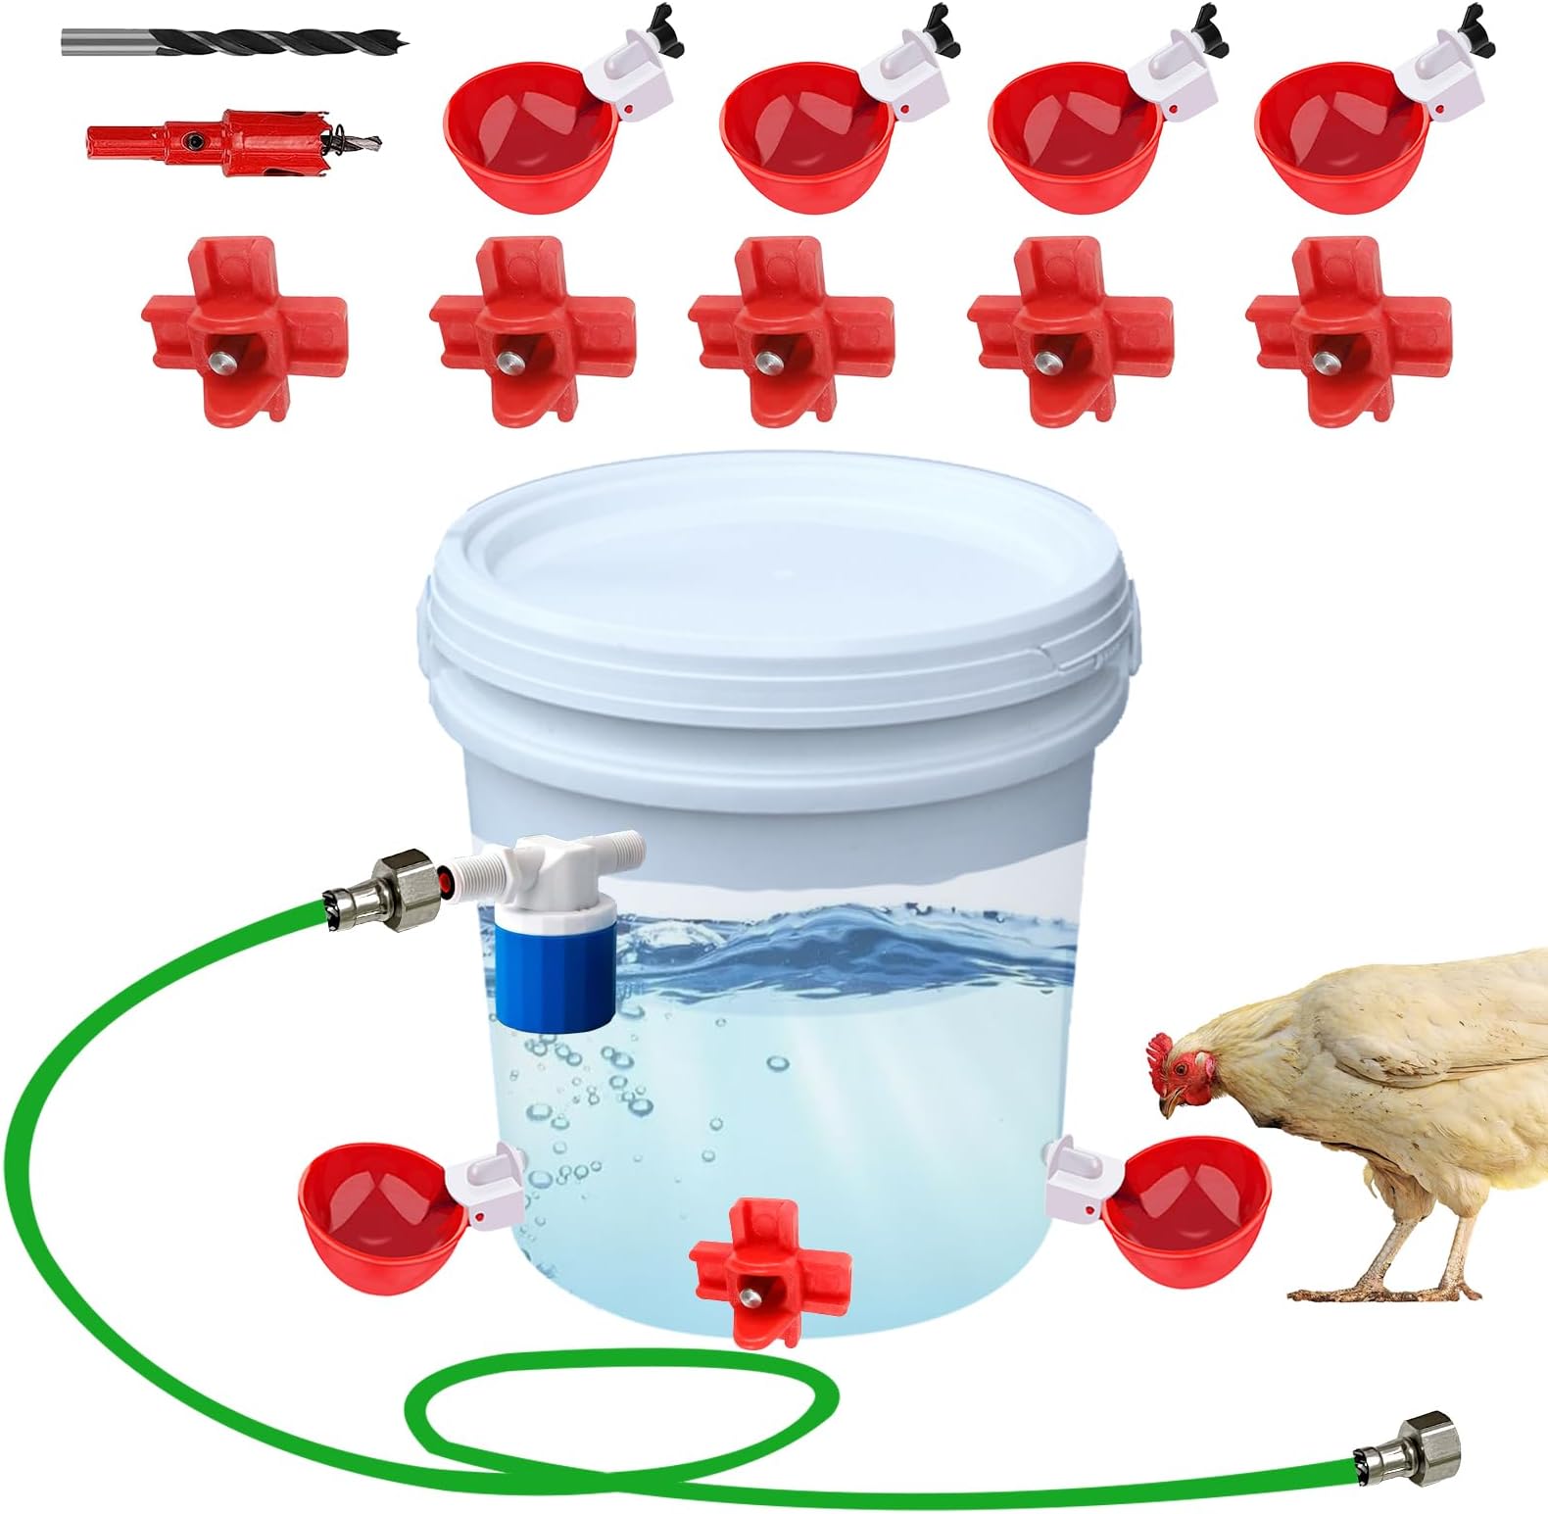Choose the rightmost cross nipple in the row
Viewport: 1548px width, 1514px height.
pos(1348,328)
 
